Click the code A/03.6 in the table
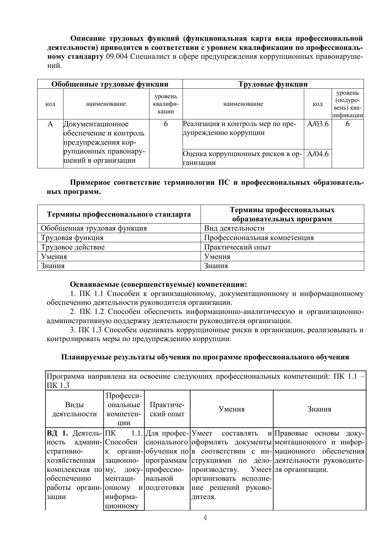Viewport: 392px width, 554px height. coord(317,124)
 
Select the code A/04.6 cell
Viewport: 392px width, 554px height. coord(317,154)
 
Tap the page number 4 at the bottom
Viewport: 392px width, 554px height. coord(205,518)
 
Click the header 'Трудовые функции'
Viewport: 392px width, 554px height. coord(273,84)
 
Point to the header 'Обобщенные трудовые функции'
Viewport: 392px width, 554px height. coord(110,84)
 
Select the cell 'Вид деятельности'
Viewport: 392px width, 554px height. coord(234,228)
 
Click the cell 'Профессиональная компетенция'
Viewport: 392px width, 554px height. coord(259,238)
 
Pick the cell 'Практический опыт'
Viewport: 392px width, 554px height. coord(237,247)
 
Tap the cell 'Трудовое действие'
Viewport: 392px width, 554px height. coord(73,247)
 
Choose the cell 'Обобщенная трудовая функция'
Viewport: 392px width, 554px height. coord(94,228)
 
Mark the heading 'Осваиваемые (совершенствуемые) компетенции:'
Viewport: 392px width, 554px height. coord(158,284)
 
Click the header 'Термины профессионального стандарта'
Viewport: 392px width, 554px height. coord(119,214)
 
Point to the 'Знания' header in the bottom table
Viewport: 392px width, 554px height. coord(319,409)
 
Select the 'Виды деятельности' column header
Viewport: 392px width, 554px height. coord(74,409)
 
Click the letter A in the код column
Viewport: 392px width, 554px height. coord(50,124)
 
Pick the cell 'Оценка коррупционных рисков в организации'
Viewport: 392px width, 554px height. coord(243,158)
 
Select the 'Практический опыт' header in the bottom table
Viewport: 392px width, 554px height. coord(167,409)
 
